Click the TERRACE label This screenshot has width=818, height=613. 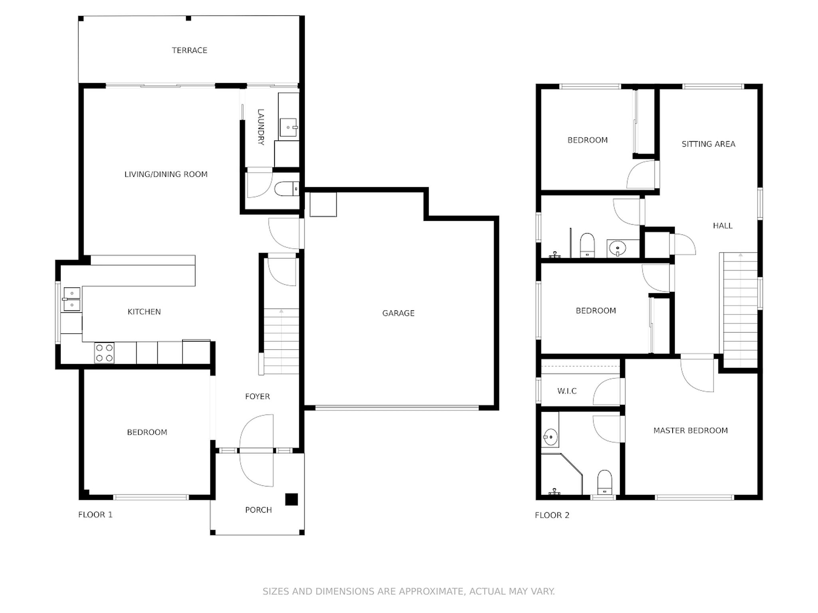coord(189,50)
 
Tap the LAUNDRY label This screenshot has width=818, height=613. coord(260,127)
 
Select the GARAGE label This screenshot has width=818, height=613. coord(398,313)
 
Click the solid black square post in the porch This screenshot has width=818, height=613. coord(291,499)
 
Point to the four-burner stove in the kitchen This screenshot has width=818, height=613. coord(104,353)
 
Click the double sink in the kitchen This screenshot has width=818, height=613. coord(72,299)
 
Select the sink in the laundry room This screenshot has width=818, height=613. coord(288,127)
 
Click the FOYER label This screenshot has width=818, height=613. coord(257,396)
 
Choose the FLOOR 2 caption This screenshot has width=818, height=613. coord(552,515)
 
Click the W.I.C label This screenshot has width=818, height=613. coord(567,391)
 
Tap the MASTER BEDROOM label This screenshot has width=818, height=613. coord(690,431)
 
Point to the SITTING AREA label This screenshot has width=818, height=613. coord(708,144)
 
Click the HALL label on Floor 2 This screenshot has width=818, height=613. coord(723,226)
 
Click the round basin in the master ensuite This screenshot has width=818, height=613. coord(550,437)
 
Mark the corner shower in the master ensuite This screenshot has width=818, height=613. coord(559,475)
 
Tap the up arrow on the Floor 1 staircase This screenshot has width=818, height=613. coord(281,311)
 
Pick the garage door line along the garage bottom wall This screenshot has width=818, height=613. coord(397,408)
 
